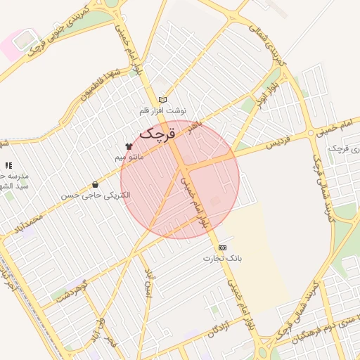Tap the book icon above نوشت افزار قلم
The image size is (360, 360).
click(163, 100)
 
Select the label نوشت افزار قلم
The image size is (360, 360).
click(163, 111)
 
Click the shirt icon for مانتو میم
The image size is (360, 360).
click(128, 146)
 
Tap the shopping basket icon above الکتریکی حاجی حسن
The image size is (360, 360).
click(95, 185)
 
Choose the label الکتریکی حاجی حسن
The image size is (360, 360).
click(96, 195)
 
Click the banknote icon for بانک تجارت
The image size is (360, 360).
click(223, 247)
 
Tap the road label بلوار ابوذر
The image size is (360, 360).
click(263, 88)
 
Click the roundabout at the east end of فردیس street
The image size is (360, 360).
click(310, 133)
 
